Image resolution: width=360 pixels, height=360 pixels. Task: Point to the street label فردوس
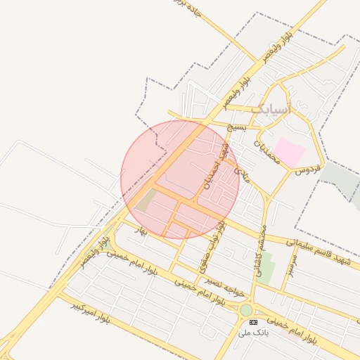[x=307, y=169]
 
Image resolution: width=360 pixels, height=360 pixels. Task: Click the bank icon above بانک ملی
[x=253, y=322]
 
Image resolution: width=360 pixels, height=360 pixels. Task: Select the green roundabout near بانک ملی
[x=245, y=310]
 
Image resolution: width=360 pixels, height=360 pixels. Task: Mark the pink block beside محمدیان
[x=289, y=152]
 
